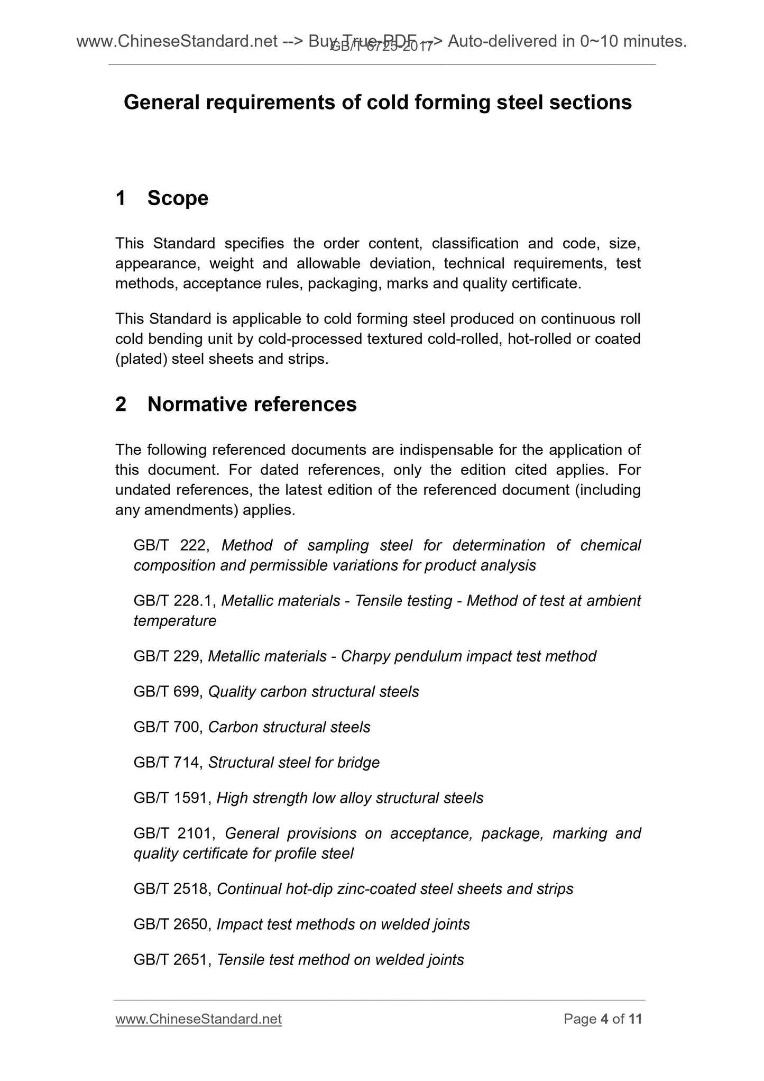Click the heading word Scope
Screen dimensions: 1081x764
tap(178, 198)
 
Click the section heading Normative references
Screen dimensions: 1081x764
tap(252, 404)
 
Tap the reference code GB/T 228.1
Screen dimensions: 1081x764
tap(174, 601)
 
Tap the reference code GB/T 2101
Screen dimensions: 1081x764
tap(173, 833)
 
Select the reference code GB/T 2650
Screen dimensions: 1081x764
tap(172, 924)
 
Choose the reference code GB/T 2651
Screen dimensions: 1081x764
tap(172, 960)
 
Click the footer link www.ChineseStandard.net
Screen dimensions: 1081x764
tap(198, 1019)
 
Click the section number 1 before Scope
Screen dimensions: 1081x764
tap(121, 198)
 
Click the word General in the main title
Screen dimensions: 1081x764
tap(161, 102)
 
